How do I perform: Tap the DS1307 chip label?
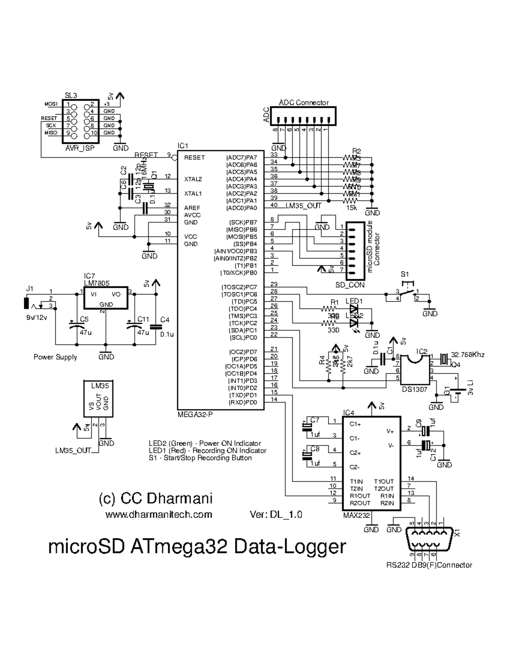pyautogui.click(x=414, y=389)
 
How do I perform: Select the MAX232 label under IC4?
pyautogui.click(x=356, y=515)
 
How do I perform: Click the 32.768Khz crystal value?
pyautogui.click(x=467, y=354)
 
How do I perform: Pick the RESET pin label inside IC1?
pyautogui.click(x=194, y=157)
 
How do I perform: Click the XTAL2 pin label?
pyautogui.click(x=193, y=179)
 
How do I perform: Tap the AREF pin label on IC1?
pyautogui.click(x=192, y=208)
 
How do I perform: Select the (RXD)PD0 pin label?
pyautogui.click(x=243, y=402)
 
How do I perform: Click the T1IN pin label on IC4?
pyautogui.click(x=356, y=482)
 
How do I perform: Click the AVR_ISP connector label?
pyautogui.click(x=80, y=148)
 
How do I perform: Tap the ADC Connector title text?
pyautogui.click(x=303, y=102)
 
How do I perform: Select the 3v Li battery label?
pyautogui.click(x=470, y=388)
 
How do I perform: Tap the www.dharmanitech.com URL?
pyautogui.click(x=159, y=514)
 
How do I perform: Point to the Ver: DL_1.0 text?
pyautogui.click(x=276, y=514)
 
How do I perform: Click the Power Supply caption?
pyautogui.click(x=55, y=357)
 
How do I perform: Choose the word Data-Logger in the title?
pyautogui.click(x=290, y=547)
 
